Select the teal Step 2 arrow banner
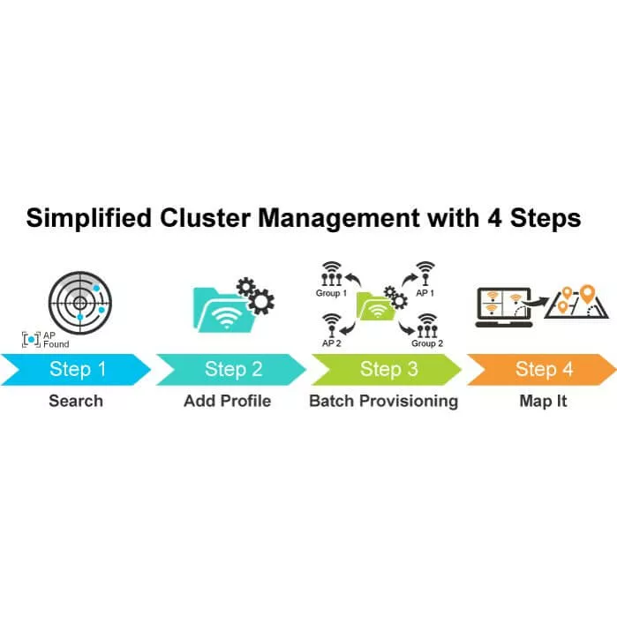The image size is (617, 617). pos(231,369)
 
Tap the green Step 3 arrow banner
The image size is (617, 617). pos(387,369)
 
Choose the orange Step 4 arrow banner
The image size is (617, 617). pos(541,369)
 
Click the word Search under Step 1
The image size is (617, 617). pos(76,402)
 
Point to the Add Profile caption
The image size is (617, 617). pos(227,402)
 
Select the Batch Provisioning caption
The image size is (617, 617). pos(383,402)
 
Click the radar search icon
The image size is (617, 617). pos(80,302)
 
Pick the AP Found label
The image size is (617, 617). pos(55,340)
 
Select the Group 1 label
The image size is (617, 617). pos(331,292)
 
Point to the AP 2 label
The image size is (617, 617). pos(332,342)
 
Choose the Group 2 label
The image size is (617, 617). pos(427,342)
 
